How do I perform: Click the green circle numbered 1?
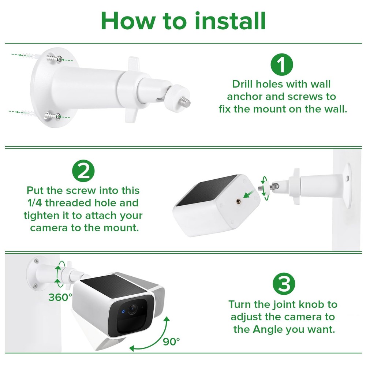[x=282, y=64]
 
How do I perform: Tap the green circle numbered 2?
[x=83, y=171]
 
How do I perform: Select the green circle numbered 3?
[x=284, y=284]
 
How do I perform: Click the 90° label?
[x=171, y=342]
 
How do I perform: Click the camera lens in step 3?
[x=132, y=309]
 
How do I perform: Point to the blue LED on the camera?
[x=123, y=311]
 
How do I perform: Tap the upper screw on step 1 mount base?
[x=54, y=58]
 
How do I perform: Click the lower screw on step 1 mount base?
[x=52, y=116]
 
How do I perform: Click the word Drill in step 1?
[x=243, y=84]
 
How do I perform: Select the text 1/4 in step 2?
[x=35, y=203]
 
